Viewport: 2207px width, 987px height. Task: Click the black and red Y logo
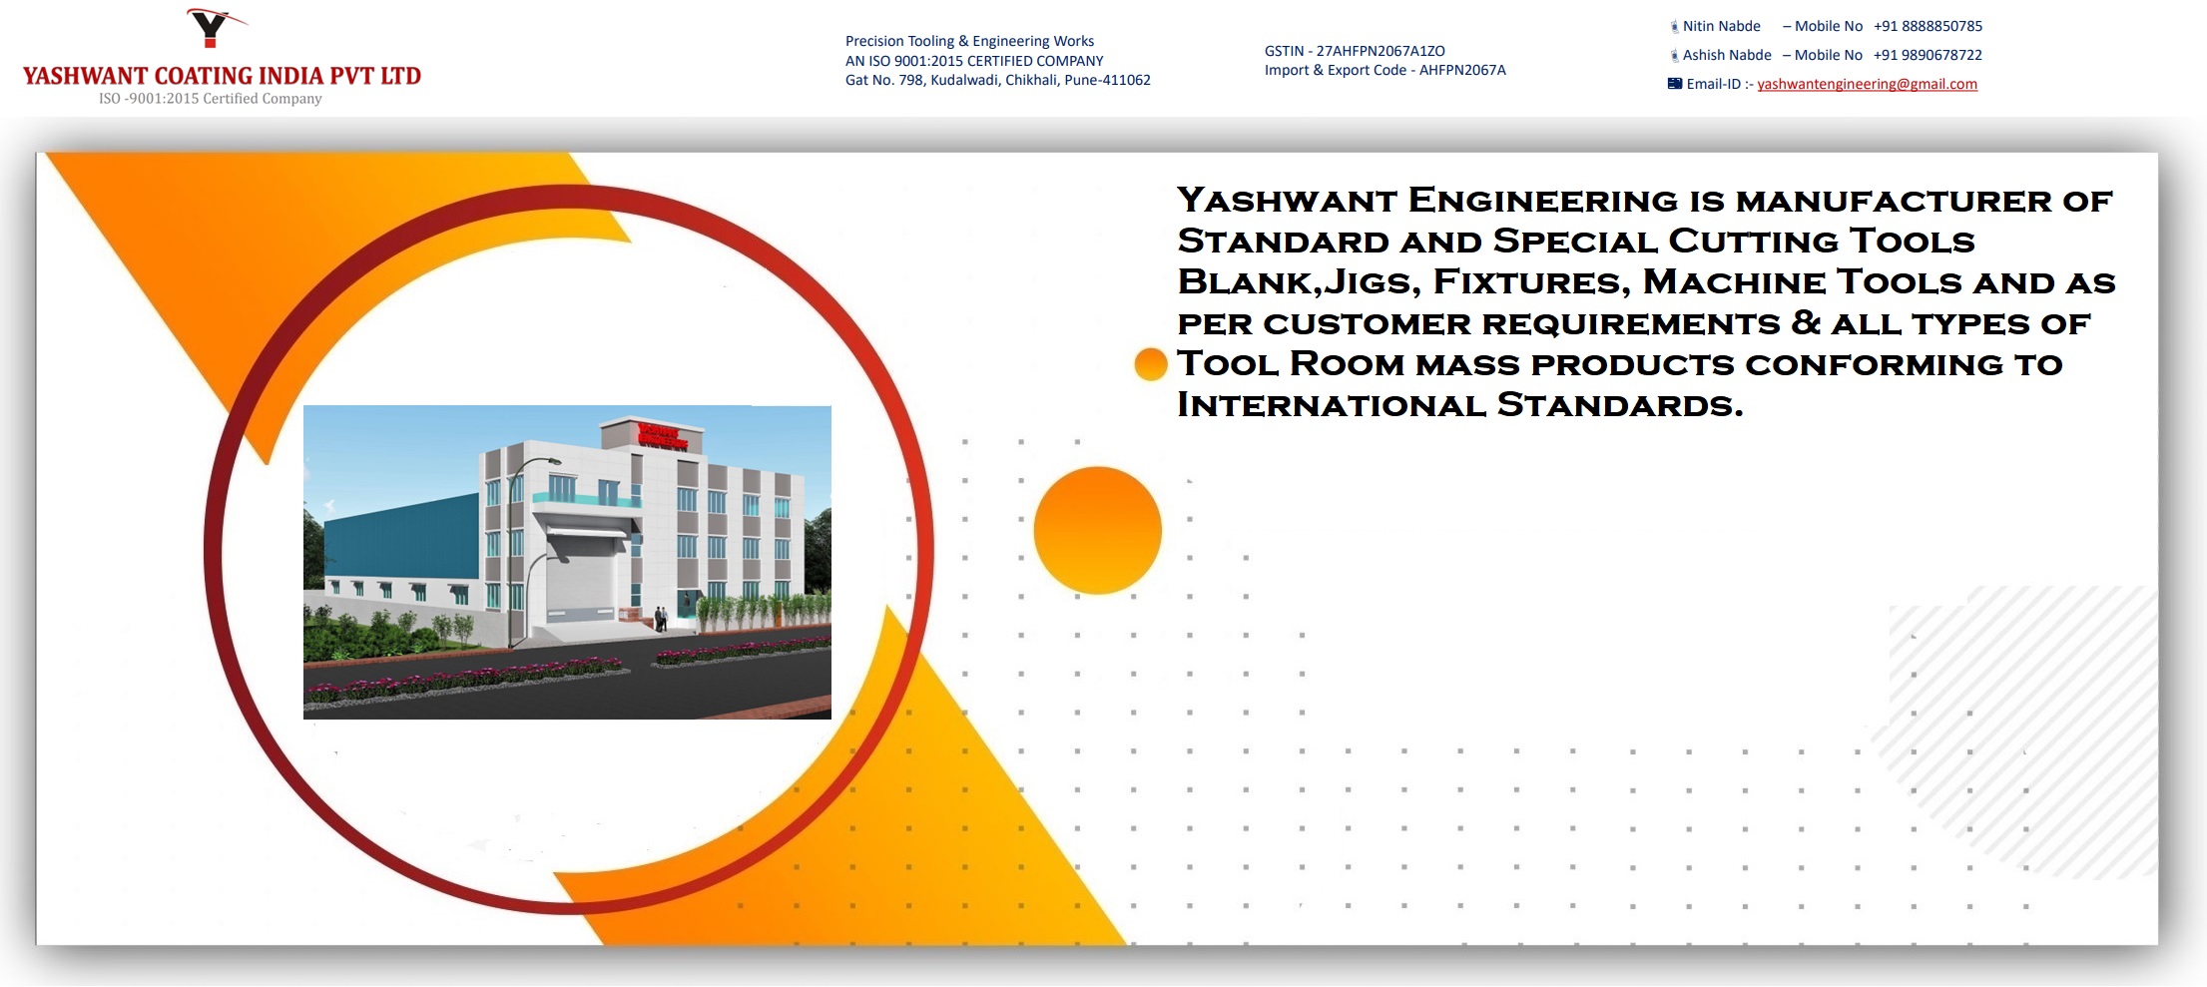pos(214,27)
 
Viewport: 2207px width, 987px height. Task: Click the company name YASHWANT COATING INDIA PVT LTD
pos(222,76)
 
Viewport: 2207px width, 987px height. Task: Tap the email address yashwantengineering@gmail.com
pos(1867,84)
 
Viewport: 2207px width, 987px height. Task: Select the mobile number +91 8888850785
pos(1928,26)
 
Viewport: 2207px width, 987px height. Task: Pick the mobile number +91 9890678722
pos(1928,55)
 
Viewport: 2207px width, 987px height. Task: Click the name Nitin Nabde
pos(1721,26)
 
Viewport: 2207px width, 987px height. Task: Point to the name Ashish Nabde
pos(1727,55)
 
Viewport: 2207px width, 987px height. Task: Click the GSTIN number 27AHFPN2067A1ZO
pos(1380,51)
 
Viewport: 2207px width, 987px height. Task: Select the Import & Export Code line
pos(1384,70)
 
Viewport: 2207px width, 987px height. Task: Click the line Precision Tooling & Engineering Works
pos(969,41)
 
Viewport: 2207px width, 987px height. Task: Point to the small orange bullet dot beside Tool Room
pos(1151,364)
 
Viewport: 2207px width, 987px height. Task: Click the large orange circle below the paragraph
pos(1097,530)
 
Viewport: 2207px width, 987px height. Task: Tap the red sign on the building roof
pos(663,435)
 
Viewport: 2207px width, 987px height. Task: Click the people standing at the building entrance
pos(661,619)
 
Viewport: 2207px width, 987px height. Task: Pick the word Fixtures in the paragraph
pos(1527,282)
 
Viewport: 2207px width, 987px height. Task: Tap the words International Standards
pos(1459,405)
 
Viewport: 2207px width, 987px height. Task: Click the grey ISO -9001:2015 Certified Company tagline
pos(210,99)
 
